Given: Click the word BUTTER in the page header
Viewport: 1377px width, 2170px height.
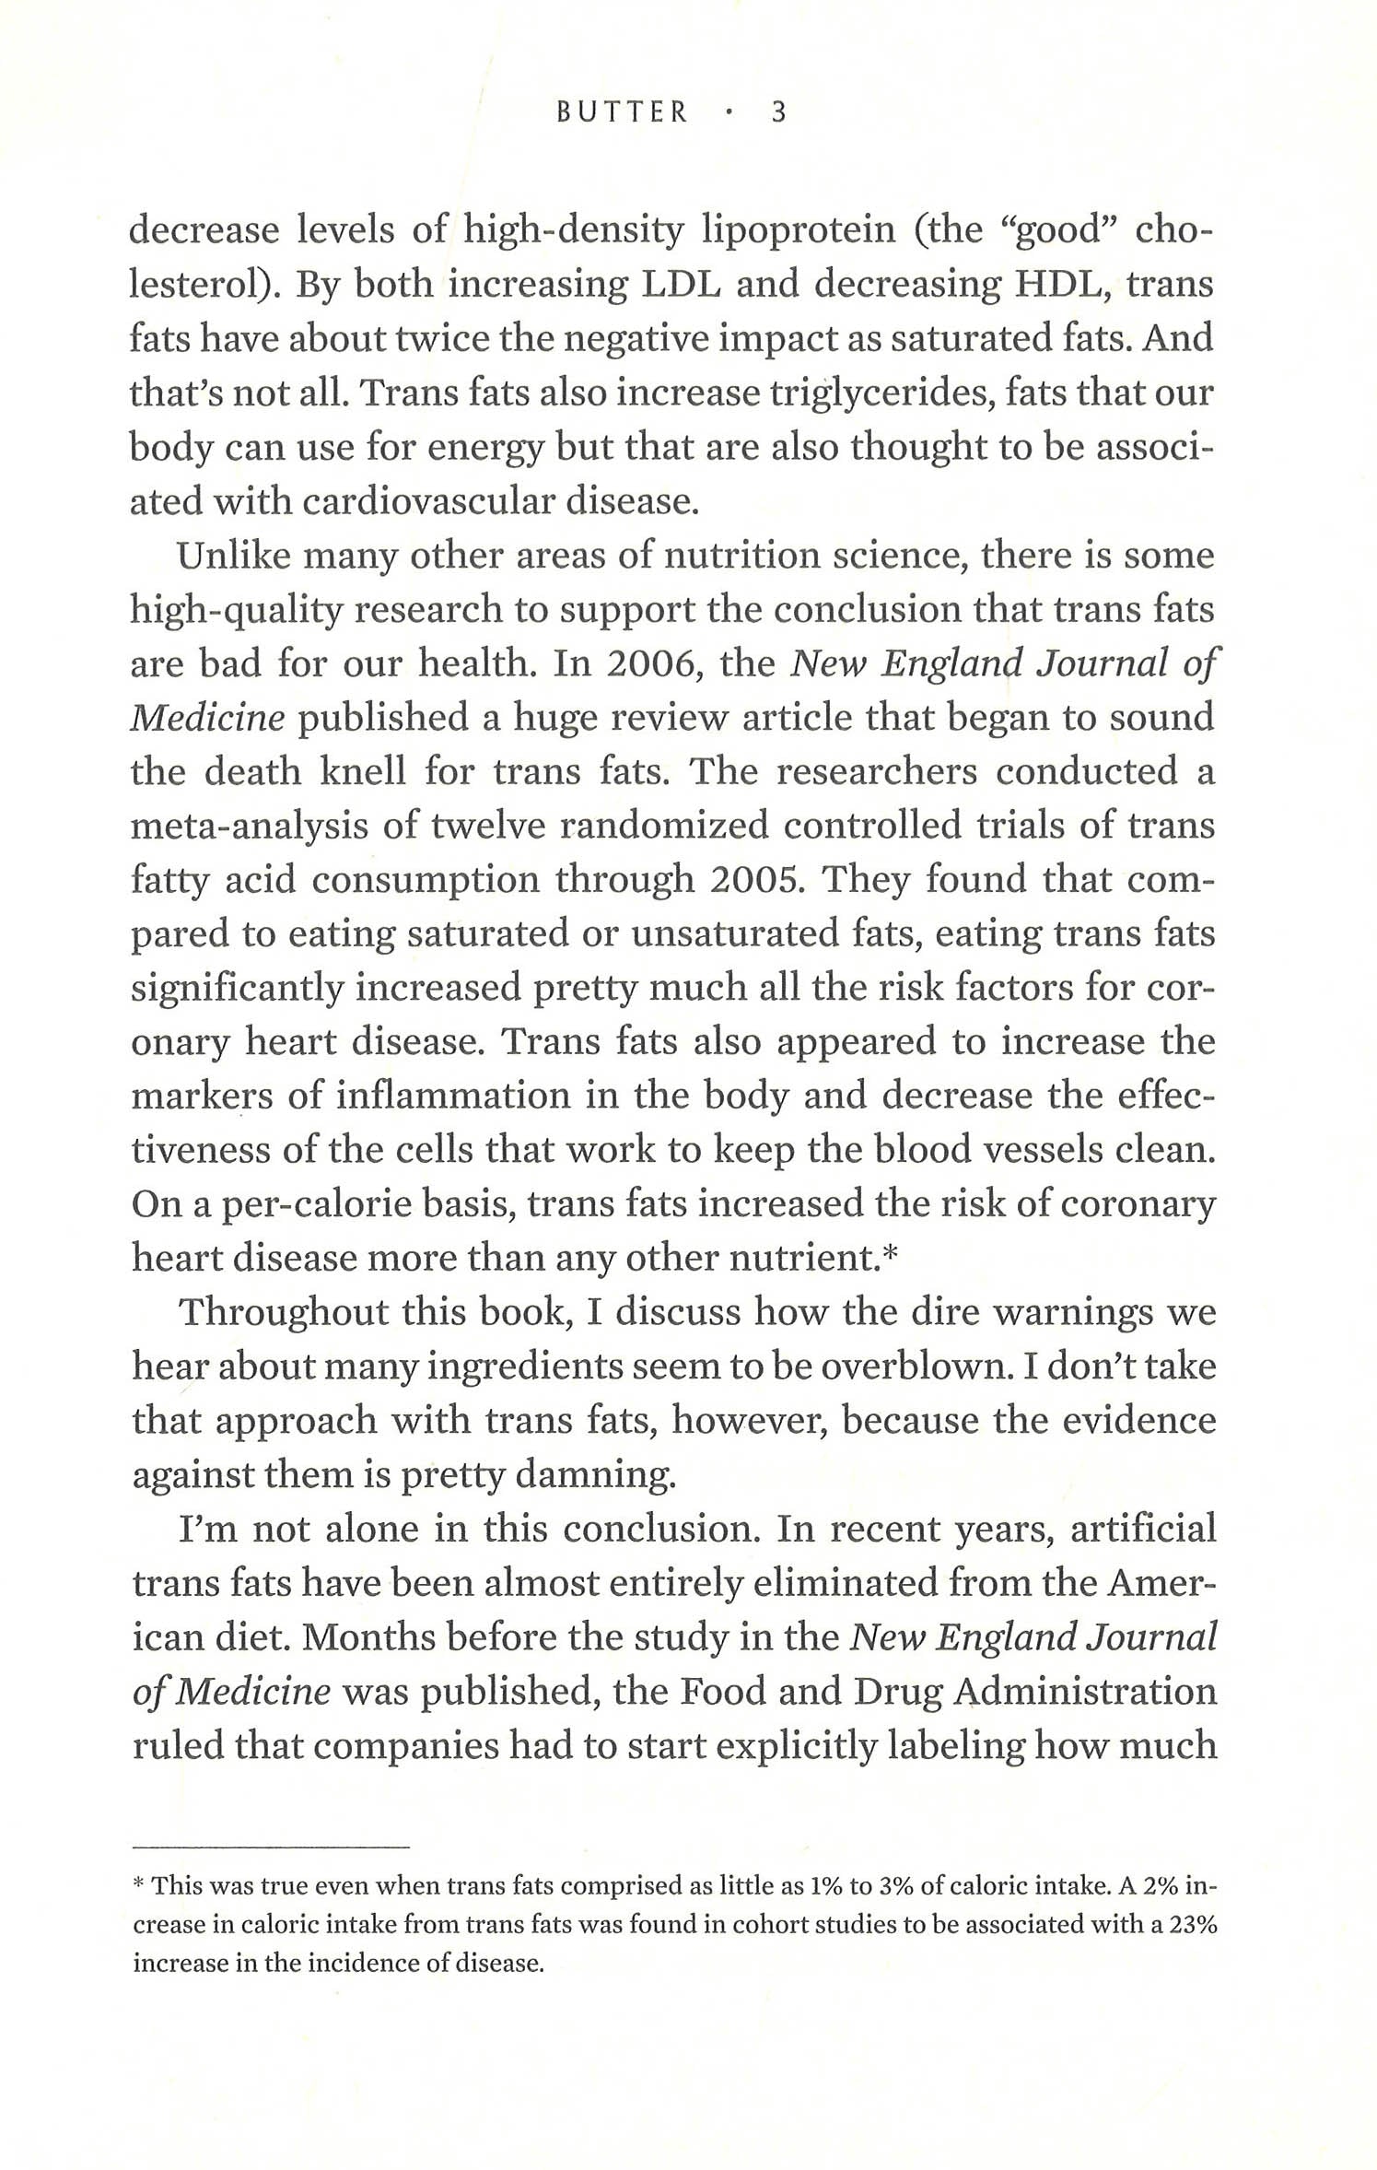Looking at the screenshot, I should tap(623, 112).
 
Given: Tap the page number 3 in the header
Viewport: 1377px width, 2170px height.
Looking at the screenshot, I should tap(778, 112).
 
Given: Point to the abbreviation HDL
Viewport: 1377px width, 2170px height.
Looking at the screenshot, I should tap(1053, 285).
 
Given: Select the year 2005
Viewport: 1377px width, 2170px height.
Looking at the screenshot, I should tap(757, 880).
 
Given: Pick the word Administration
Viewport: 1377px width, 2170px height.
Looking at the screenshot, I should tap(1085, 1693).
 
